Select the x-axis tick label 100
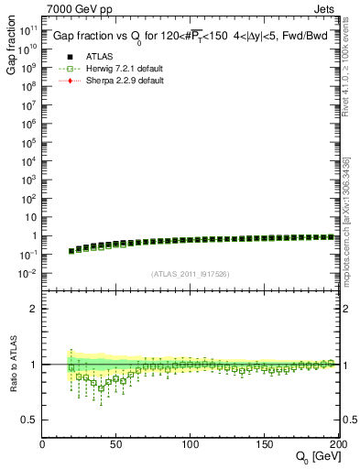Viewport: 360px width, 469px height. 191,445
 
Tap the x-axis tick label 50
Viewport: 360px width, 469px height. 116,445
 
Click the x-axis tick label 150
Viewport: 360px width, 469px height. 265,445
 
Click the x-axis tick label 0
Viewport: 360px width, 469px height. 42,445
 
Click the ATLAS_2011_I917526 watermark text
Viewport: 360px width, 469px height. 191,273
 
